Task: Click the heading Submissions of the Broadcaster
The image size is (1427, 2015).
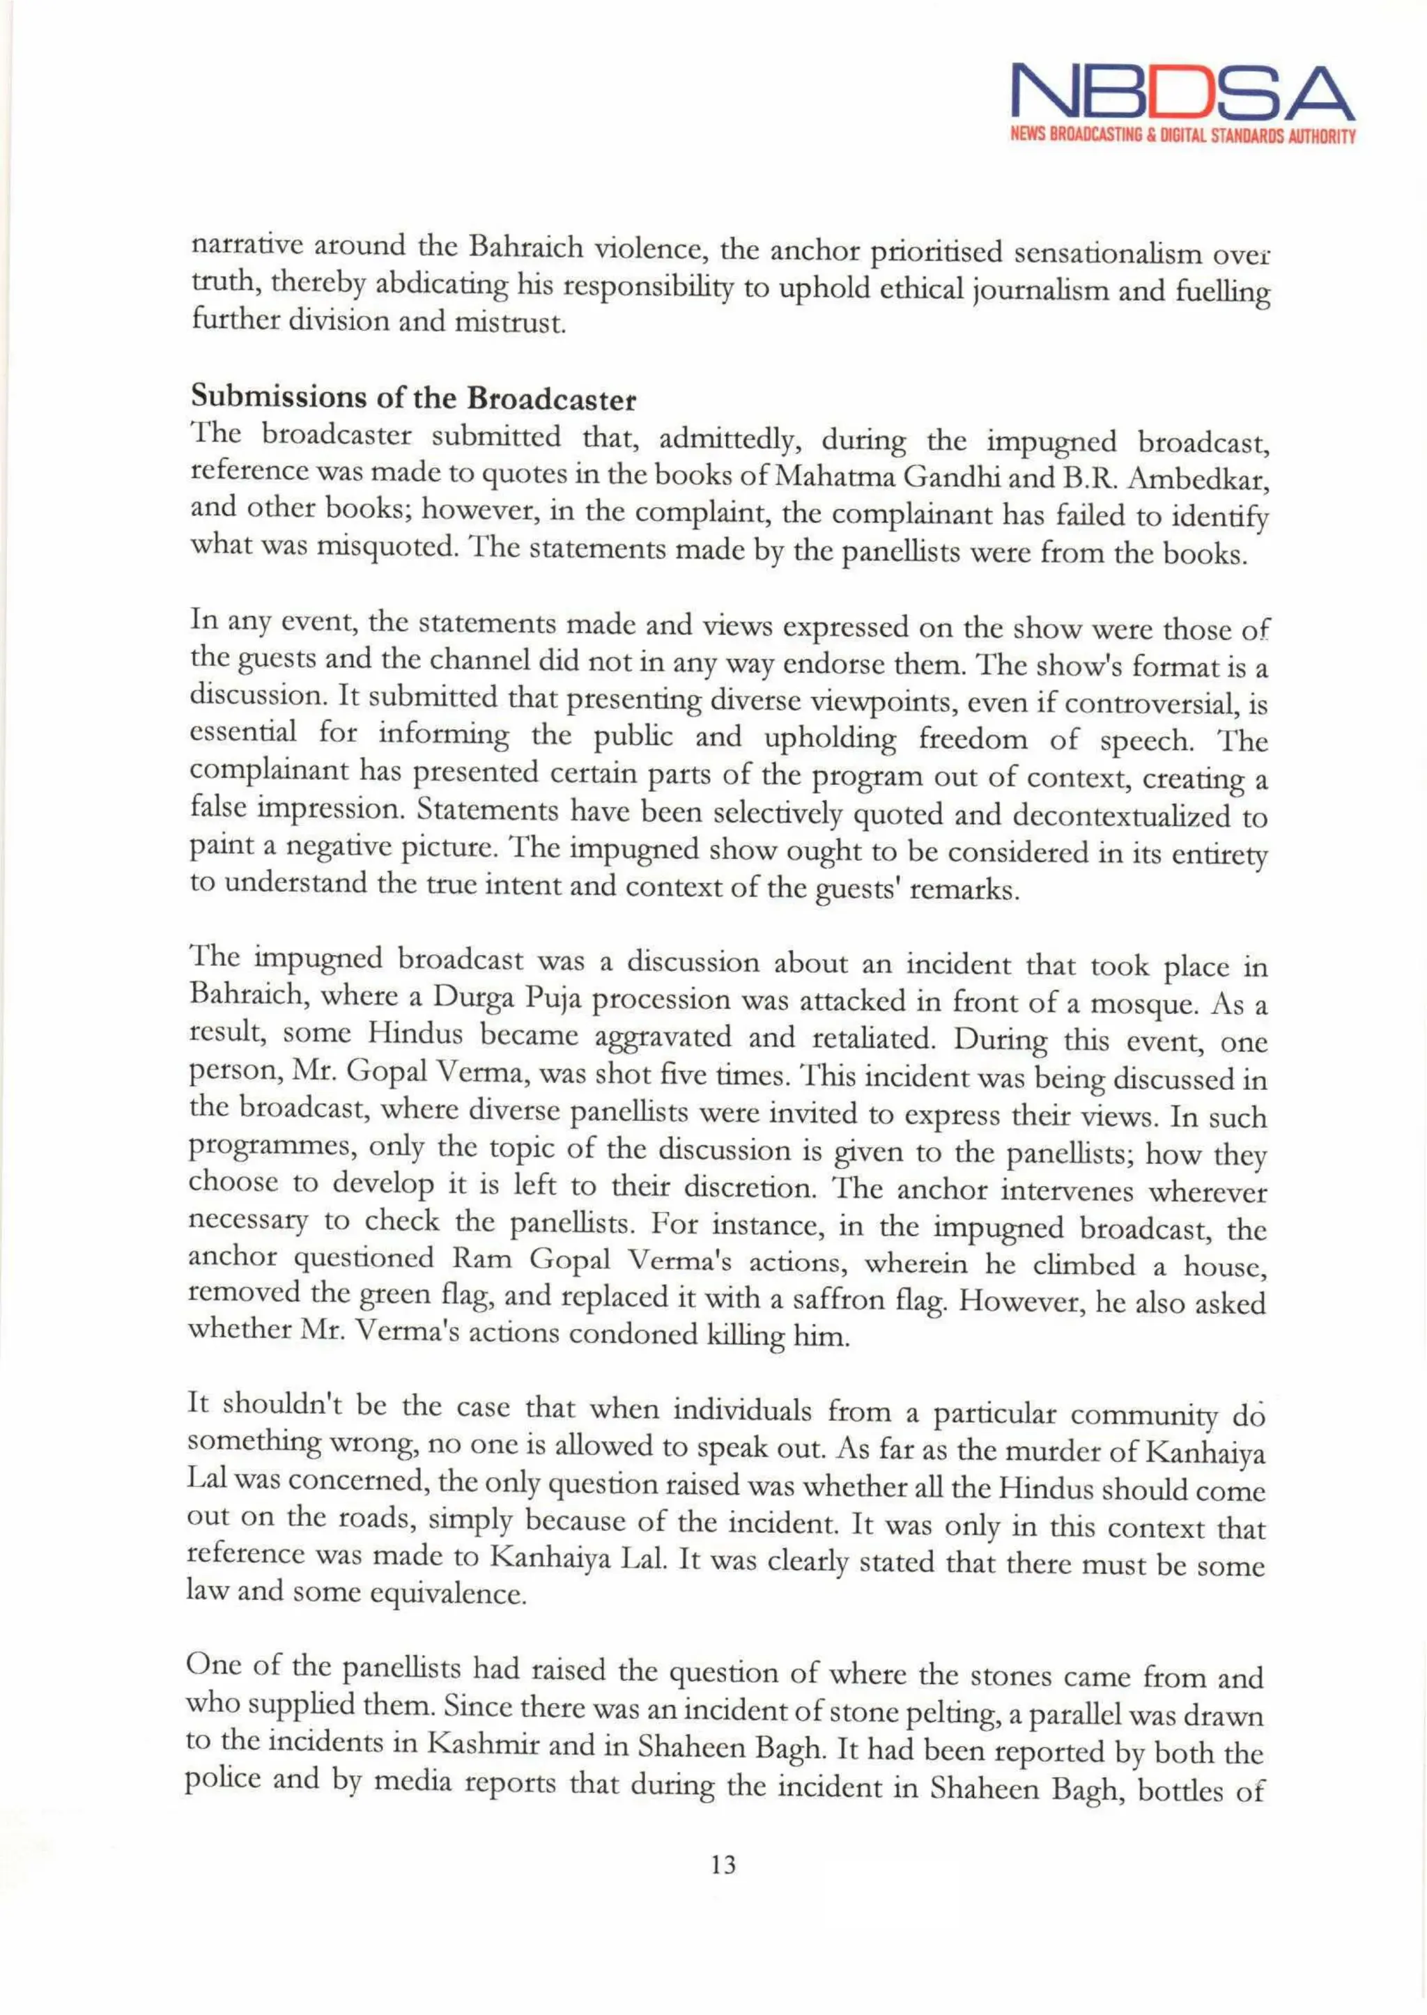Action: click(413, 398)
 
